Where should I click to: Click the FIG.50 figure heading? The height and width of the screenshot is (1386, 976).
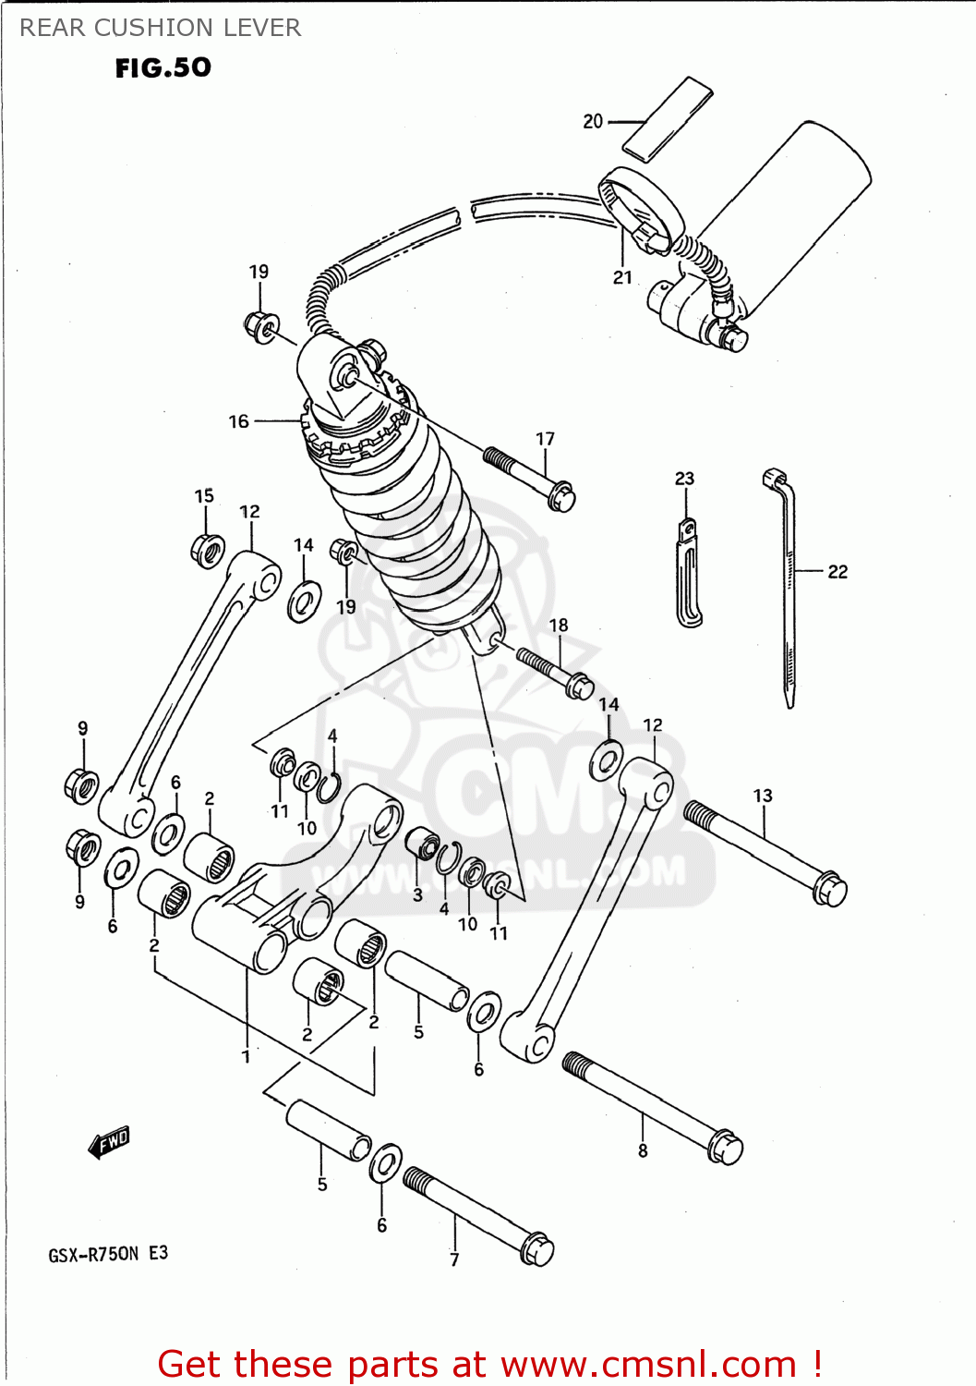click(163, 67)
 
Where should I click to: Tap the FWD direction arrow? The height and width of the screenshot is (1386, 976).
click(109, 1142)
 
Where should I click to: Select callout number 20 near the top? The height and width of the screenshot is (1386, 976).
click(592, 121)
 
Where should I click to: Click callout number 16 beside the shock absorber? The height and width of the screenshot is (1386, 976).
click(238, 421)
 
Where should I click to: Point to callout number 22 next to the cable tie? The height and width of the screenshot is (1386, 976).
click(837, 572)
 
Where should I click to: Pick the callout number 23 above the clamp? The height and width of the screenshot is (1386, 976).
click(684, 479)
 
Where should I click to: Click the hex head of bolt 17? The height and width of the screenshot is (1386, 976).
click(560, 497)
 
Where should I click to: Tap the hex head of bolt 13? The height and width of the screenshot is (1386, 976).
click(830, 889)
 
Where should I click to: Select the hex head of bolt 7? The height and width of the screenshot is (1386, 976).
click(536, 1248)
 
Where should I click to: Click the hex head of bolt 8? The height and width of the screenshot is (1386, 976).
click(726, 1147)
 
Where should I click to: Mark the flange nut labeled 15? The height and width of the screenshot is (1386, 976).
click(207, 551)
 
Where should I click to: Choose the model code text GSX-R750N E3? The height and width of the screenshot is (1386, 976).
click(108, 1254)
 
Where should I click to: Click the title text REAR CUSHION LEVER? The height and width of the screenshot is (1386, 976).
click(160, 28)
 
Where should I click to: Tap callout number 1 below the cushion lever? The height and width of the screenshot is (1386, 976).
click(246, 1056)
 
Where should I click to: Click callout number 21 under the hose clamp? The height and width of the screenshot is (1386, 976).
click(622, 277)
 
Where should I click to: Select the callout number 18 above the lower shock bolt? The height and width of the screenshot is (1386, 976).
click(559, 626)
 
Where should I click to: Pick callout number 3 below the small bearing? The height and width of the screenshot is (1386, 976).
click(417, 894)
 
